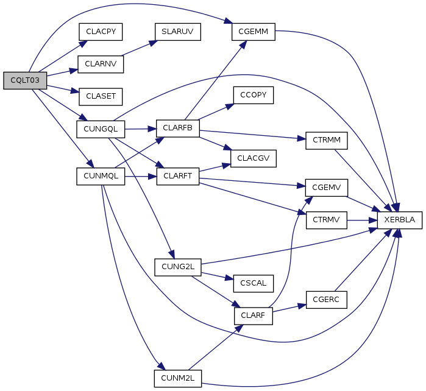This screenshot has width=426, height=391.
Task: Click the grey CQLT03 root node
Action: [x=25, y=80]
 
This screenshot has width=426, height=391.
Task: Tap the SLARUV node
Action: [x=177, y=32]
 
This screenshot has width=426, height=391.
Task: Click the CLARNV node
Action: [x=101, y=64]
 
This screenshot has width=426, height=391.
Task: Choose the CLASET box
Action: [x=101, y=96]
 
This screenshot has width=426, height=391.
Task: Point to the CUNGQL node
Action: [x=101, y=129]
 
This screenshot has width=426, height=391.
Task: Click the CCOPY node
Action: [x=253, y=96]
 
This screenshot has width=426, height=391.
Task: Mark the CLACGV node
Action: [x=253, y=158]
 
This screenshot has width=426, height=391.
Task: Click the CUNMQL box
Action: [x=101, y=175]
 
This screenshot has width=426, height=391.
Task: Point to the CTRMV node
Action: [x=327, y=219]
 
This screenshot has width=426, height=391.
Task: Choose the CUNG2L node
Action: [x=177, y=266]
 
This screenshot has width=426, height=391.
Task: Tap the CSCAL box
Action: [x=253, y=283]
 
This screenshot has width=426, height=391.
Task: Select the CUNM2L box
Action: [x=177, y=378]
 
